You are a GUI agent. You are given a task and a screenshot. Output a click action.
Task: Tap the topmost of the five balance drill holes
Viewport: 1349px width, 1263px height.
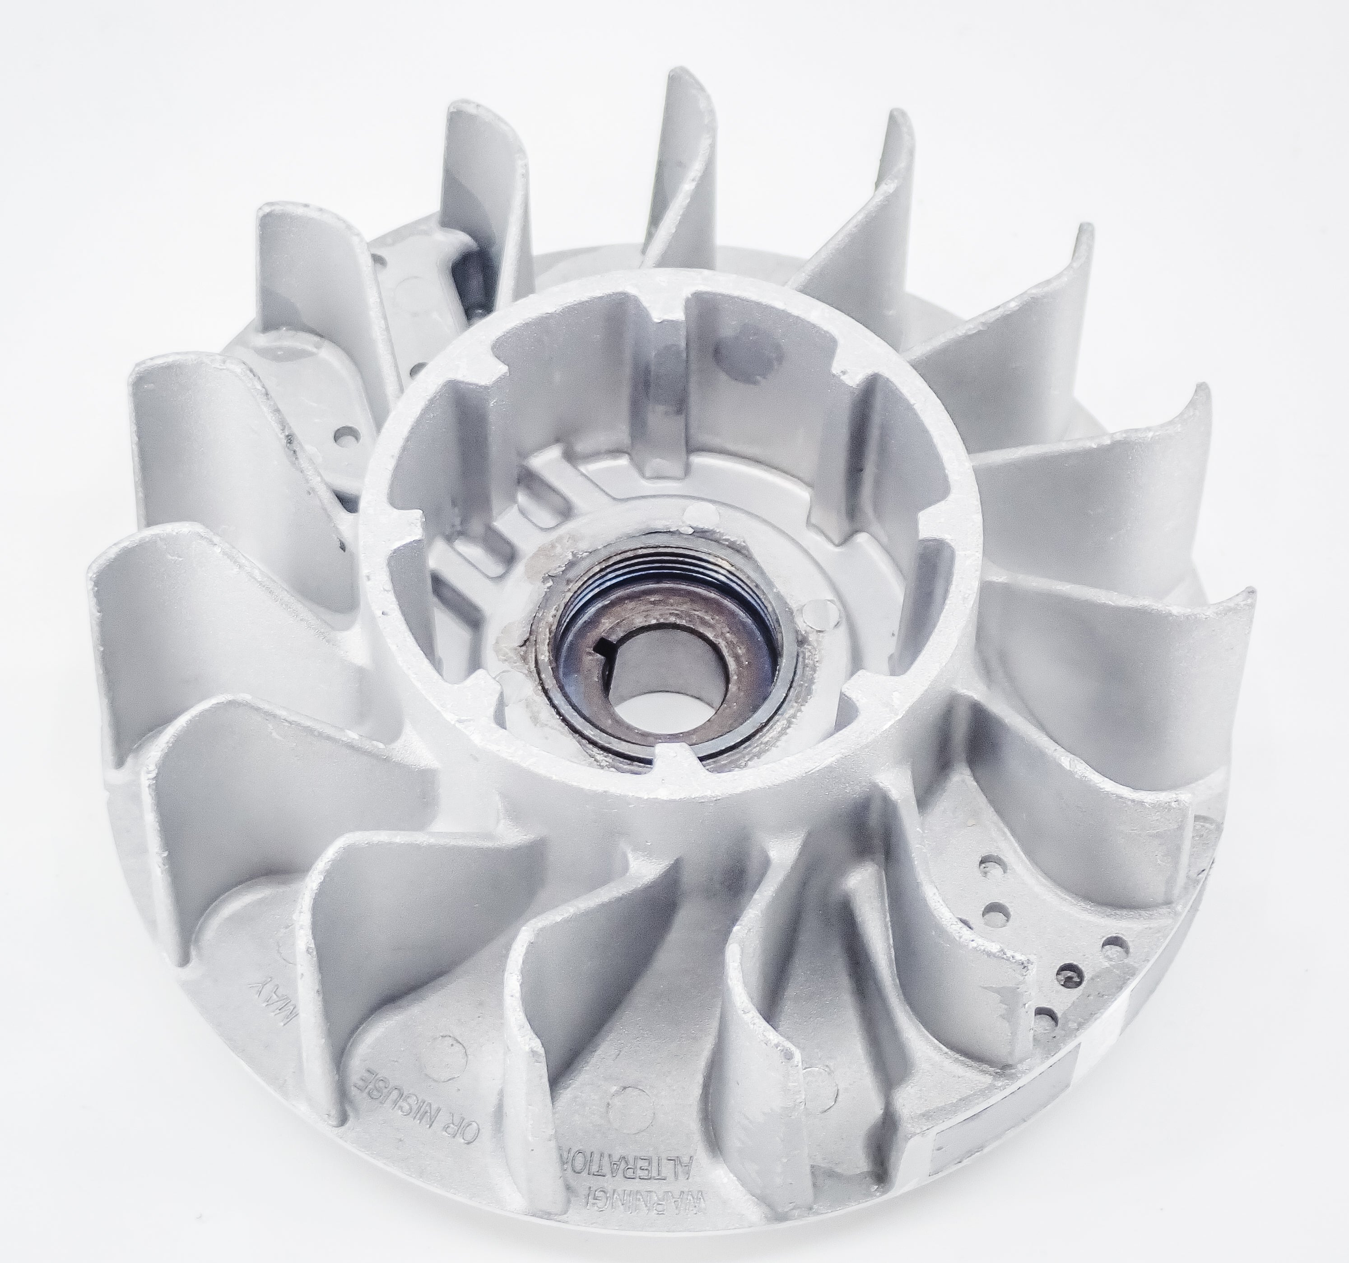tap(985, 866)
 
